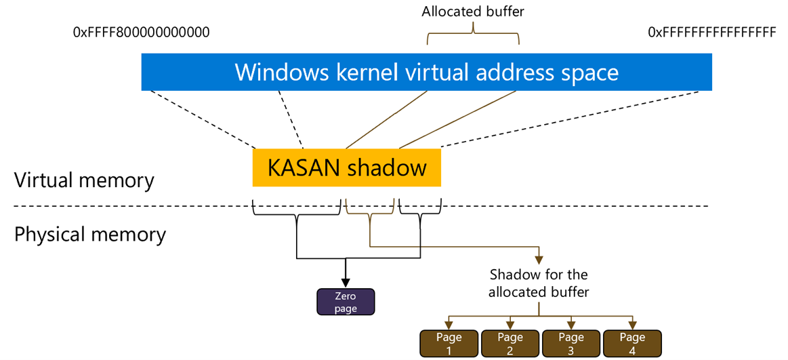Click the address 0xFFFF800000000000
pyautogui.click(x=141, y=33)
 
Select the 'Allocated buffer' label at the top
pyautogui.click(x=472, y=11)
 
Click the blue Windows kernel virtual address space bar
pyautogui.click(x=426, y=73)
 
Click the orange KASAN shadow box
pyautogui.click(x=346, y=168)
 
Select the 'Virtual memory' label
pyautogui.click(x=85, y=181)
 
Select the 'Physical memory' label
pyautogui.click(x=90, y=235)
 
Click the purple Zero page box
pyautogui.click(x=346, y=302)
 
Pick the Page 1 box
pyautogui.click(x=449, y=343)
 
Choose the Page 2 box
pyautogui.click(x=510, y=343)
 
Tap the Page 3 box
pyautogui.click(x=571, y=343)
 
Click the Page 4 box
pyautogui.click(x=631, y=343)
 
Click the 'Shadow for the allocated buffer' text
pyautogui.click(x=539, y=283)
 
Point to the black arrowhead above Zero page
pyautogui.click(x=346, y=283)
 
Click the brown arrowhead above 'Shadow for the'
pyautogui.click(x=539, y=258)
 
